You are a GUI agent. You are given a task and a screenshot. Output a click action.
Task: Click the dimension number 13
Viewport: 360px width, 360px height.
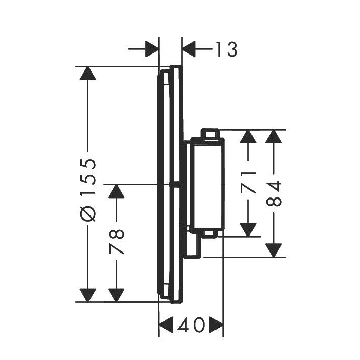[226, 49]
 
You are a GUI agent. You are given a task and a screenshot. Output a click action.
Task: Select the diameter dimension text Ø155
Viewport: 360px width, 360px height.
[89, 190]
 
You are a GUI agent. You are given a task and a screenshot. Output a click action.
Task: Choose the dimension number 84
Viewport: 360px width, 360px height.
[276, 193]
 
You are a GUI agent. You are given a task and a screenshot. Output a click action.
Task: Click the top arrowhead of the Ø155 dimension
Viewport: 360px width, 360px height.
[89, 74]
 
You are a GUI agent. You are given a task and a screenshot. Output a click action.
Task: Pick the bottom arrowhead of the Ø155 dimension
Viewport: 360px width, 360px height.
[89, 295]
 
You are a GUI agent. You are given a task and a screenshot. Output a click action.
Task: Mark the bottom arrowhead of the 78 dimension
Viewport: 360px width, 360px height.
[118, 295]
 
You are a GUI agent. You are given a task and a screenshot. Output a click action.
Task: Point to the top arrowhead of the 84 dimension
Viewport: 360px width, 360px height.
[276, 137]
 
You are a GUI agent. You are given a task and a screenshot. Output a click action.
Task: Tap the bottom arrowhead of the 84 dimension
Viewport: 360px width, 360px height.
[276, 249]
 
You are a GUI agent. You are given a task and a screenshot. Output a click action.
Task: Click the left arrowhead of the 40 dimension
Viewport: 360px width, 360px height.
[166, 325]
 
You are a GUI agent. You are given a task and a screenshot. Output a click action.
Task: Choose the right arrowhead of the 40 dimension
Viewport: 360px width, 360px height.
[215, 325]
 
